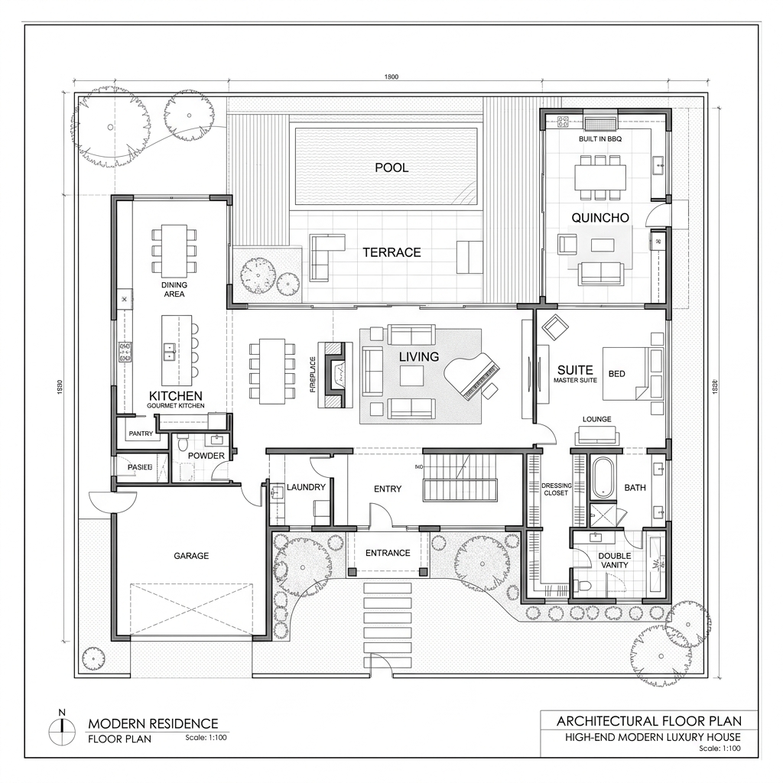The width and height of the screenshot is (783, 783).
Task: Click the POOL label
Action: [x=391, y=167]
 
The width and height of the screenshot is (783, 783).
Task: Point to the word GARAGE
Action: [x=190, y=556]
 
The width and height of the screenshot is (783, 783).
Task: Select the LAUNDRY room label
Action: [x=306, y=487]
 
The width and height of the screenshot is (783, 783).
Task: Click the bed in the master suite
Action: [x=633, y=373]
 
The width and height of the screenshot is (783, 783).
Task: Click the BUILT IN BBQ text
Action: [x=602, y=140]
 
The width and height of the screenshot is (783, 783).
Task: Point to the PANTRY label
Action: [x=141, y=434]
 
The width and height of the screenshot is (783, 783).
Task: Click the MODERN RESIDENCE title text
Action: [x=153, y=723]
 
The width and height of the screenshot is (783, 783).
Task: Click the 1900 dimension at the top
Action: [x=391, y=76]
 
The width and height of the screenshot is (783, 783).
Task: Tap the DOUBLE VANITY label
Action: [x=614, y=560]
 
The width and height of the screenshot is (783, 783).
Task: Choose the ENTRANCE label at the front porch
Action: [x=387, y=553]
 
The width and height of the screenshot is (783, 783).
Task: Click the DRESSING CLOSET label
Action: [x=555, y=489]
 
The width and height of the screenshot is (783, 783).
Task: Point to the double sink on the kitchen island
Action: [x=170, y=351]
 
